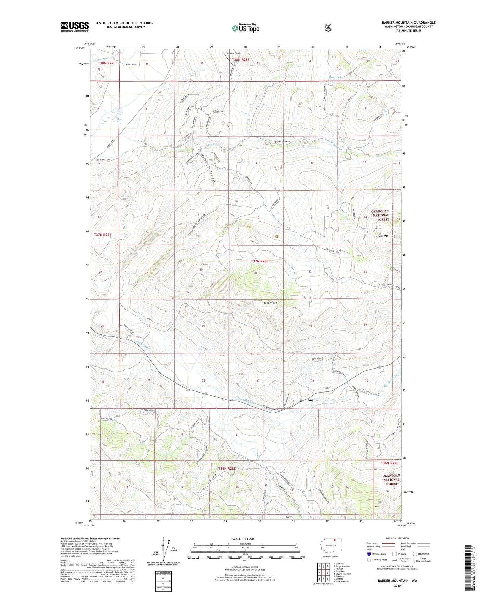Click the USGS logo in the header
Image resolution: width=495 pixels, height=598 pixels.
tap(75, 26)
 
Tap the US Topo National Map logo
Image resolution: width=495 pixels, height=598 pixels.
tap(245, 28)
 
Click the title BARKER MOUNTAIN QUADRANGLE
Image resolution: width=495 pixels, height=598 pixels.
tap(408, 23)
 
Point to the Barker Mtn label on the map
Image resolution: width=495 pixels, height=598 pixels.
tap(270, 303)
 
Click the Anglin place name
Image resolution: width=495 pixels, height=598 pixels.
tap(312, 400)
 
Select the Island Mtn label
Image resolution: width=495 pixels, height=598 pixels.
tap(382, 236)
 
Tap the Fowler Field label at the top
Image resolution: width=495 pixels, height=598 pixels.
tap(233, 53)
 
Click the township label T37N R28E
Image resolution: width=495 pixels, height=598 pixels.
tap(259, 261)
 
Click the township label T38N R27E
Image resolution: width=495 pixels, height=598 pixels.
tap(107, 63)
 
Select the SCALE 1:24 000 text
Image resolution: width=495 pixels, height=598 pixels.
tap(243, 539)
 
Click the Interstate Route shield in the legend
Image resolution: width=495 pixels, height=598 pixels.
tap(369, 553)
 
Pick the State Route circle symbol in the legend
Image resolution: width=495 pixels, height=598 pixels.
tap(414, 553)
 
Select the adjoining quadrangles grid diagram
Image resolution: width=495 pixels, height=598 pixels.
tap(321, 572)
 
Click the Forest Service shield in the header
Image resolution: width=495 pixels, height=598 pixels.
tap(328, 28)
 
